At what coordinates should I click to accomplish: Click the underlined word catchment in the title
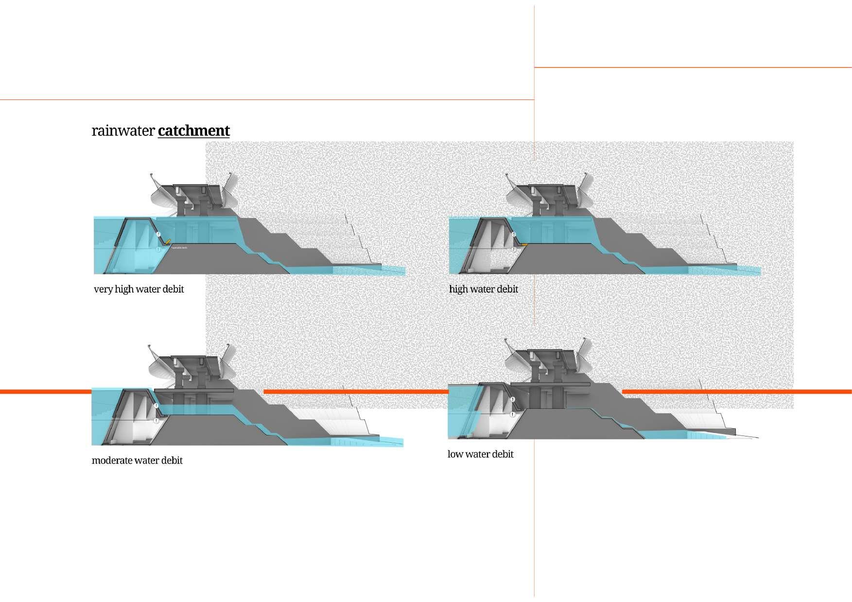coord(193,131)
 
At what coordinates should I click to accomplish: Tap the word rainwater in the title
coord(123,131)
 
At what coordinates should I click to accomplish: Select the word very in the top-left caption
coord(103,289)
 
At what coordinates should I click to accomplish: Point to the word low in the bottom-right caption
coord(454,454)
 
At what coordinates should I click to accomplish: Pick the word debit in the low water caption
coord(503,454)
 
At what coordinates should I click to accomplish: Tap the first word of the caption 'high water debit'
coord(458,289)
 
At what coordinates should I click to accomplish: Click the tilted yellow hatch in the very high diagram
coord(167,241)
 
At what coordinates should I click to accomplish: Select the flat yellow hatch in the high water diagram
coord(524,245)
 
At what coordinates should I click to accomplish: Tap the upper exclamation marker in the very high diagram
coord(158,234)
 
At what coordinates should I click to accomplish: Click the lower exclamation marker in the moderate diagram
coord(156,421)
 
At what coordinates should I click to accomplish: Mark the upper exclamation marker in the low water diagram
coord(513,400)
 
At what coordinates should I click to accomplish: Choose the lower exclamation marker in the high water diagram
coord(514,250)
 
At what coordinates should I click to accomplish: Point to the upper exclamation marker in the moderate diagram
coord(156,406)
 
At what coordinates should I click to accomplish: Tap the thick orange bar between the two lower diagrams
coord(355,391)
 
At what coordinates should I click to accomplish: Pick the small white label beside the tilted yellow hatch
coord(179,248)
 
